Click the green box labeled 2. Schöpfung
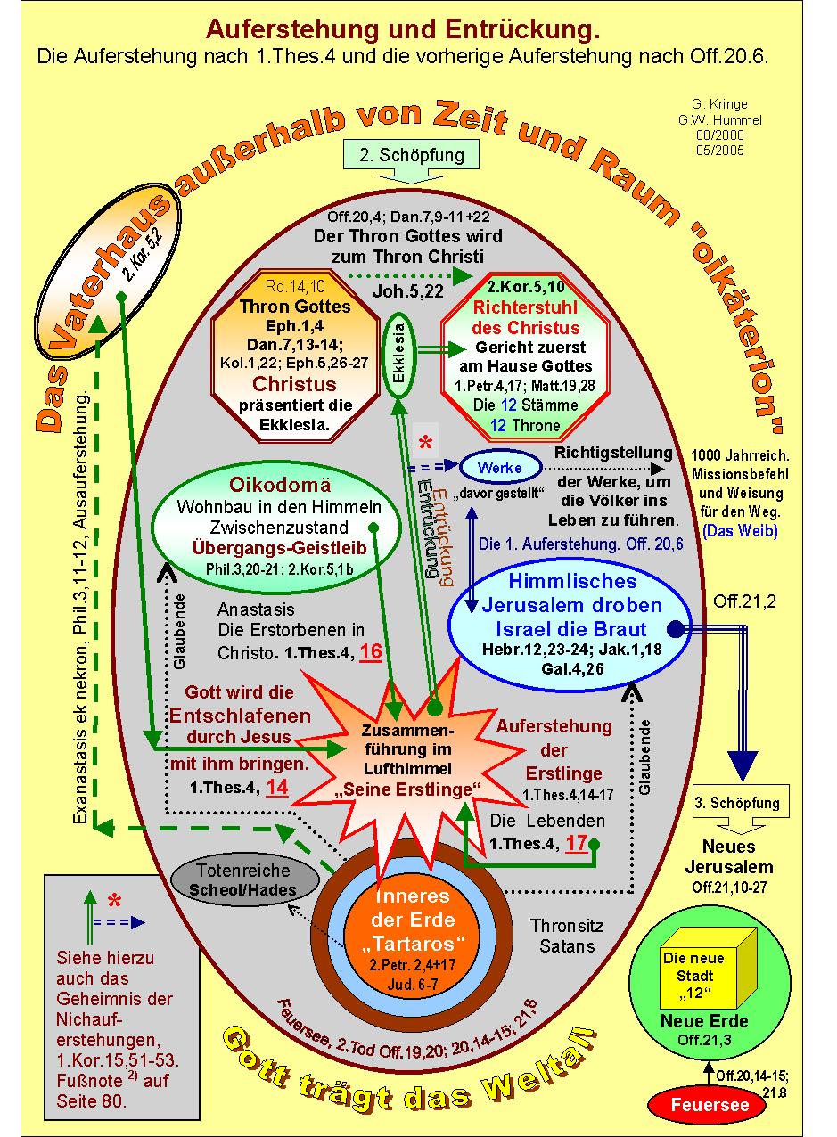coord(412,155)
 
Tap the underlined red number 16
coord(371,652)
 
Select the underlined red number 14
coord(277,787)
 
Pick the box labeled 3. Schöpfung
coord(736,802)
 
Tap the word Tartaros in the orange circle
coord(411,943)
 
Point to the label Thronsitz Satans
coord(561,935)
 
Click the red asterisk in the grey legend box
coord(113,900)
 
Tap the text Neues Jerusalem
coord(728,856)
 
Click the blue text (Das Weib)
coord(739,530)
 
